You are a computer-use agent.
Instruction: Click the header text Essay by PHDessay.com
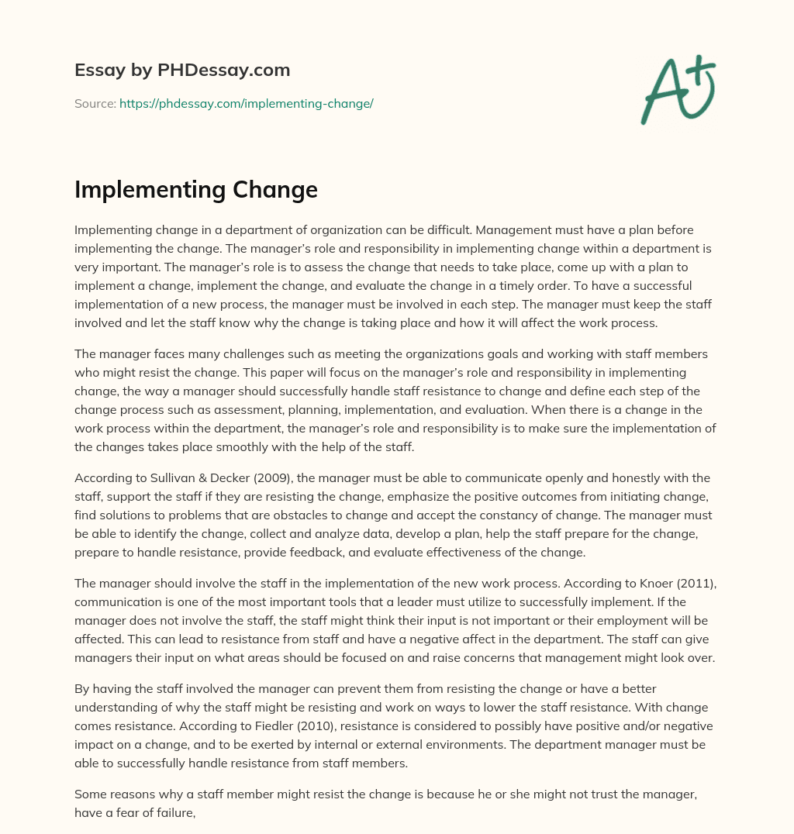click(x=182, y=71)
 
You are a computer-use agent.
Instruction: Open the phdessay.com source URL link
click(x=246, y=103)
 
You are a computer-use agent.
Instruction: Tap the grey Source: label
click(x=95, y=103)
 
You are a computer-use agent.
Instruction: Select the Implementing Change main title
click(x=196, y=190)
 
